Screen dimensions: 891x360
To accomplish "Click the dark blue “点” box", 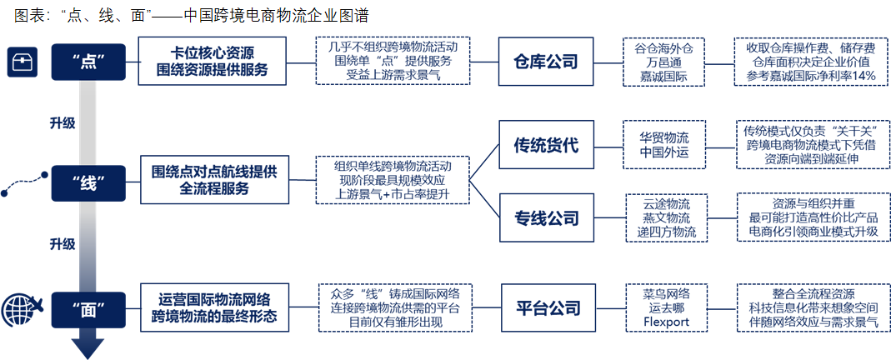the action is click(88, 62).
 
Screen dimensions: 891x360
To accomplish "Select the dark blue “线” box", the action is click(88, 182).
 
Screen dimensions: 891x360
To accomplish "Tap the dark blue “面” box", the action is click(88, 310).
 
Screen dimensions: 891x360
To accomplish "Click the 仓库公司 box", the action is click(545, 62).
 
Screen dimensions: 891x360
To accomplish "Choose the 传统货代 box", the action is click(546, 145).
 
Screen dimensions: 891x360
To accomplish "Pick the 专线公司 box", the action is click(546, 218).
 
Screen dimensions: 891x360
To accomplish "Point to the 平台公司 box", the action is click(548, 308).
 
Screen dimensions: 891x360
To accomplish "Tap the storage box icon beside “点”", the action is click(22, 62).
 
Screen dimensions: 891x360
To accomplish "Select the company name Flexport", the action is click(667, 322).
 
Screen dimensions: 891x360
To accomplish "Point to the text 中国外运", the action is click(664, 152).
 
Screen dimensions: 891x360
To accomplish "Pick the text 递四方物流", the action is click(667, 232).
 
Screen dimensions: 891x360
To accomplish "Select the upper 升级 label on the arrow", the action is click(63, 122).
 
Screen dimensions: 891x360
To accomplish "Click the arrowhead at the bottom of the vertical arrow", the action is click(88, 348).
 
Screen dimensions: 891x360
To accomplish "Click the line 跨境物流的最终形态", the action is click(214, 317).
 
